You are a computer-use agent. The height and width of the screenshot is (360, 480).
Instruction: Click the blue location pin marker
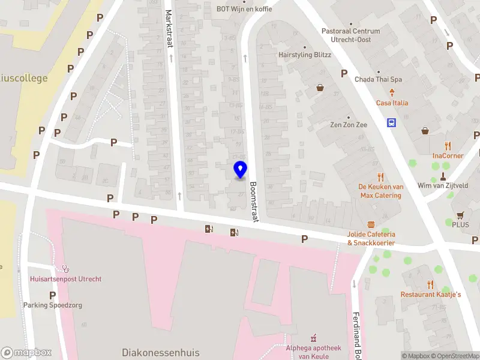(240, 169)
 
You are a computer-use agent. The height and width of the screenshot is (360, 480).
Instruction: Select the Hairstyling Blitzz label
(304, 55)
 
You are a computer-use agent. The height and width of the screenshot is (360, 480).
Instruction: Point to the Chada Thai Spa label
(378, 79)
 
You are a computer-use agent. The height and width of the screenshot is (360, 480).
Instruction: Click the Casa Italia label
(392, 103)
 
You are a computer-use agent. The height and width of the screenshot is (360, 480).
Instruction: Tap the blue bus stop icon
(391, 123)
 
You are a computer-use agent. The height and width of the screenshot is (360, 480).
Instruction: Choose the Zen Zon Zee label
(348, 125)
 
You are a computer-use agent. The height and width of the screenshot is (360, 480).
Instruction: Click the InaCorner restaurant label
(448, 155)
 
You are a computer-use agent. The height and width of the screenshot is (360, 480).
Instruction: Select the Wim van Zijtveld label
(443, 185)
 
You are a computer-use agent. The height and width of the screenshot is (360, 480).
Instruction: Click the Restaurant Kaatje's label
(431, 294)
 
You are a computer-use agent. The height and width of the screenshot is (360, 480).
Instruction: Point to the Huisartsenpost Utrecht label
(65, 279)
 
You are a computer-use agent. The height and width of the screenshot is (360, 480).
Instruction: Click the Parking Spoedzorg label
(52, 305)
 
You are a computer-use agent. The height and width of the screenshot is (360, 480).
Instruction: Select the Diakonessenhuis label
(161, 352)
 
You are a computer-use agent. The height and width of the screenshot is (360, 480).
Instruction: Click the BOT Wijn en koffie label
(244, 9)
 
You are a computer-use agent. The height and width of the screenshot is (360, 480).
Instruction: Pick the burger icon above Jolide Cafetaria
(371, 224)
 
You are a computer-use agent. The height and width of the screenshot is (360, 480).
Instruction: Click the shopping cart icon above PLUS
(460, 215)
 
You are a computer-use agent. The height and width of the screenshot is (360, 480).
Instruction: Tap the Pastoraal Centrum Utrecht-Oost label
(350, 35)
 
